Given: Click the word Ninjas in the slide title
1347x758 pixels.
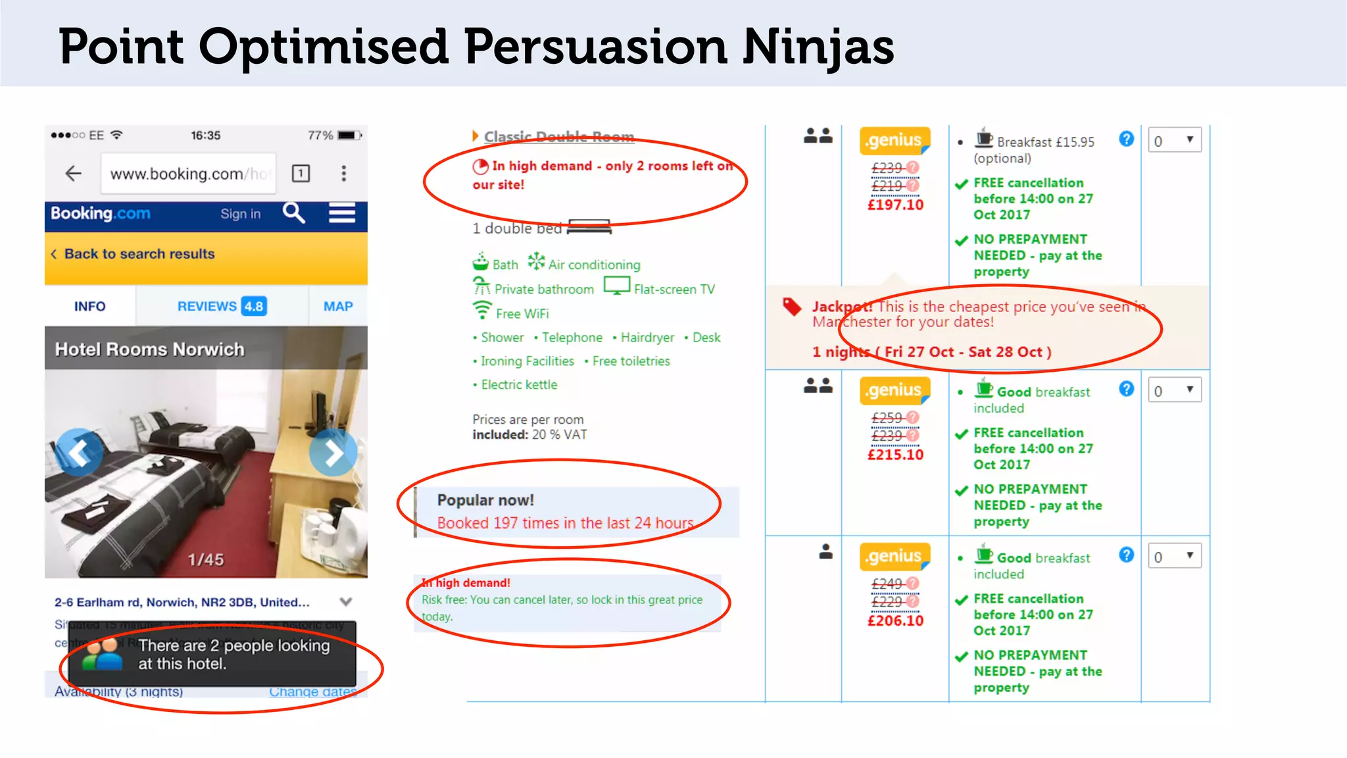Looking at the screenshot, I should coord(818,47).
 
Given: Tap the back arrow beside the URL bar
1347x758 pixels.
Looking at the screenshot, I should coord(73,173).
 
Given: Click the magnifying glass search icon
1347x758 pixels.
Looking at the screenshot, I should coord(293,213).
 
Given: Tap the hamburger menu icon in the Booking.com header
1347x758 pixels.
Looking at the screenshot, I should coord(342,213).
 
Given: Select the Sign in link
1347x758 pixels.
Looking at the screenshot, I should coord(240,214).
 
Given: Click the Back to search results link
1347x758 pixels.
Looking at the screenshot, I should coord(139,254).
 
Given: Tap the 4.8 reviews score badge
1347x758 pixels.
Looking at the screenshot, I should coord(254,306).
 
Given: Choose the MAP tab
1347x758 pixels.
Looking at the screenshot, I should coord(338,307).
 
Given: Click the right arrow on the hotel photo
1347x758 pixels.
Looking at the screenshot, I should coord(333,453).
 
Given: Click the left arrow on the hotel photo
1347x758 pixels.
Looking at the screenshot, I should coord(79,453).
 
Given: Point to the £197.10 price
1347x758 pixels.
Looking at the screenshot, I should coord(895,205).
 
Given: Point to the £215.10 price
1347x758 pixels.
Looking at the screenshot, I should coord(895,455).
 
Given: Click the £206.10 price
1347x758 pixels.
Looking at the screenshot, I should coord(895,620).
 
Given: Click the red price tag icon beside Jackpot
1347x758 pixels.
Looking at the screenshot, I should coord(792,307).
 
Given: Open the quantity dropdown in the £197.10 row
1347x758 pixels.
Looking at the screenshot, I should coord(1174,140).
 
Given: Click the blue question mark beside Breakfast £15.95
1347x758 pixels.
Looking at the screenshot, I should coord(1126,139).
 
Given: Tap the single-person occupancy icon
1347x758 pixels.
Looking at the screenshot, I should coord(825,552).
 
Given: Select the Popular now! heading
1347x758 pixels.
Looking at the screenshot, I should coord(485,500).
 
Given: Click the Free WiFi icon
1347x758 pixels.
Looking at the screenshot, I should coord(482,310).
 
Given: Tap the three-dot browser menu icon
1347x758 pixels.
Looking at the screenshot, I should coord(343,173).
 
